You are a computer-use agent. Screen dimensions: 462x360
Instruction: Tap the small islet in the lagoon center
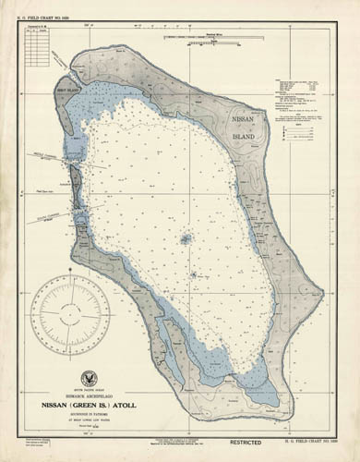coord(185,238)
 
